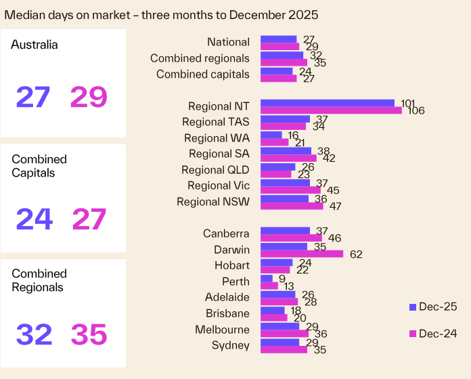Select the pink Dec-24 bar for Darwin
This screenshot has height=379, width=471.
[x=302, y=254]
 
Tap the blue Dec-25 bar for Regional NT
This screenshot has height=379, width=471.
[x=328, y=103]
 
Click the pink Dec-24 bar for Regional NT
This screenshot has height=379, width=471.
[x=331, y=110]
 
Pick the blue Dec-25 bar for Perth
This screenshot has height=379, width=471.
[x=267, y=278]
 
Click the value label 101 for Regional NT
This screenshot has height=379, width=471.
[x=407, y=104]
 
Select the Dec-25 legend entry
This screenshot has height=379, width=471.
[x=433, y=307]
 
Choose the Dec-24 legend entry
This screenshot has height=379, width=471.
[x=433, y=334]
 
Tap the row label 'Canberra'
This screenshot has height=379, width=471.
[x=226, y=233]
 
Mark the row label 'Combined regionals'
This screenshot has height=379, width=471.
[x=200, y=58]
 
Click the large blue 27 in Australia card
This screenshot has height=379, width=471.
[x=34, y=97]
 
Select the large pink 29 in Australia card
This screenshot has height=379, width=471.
[x=89, y=97]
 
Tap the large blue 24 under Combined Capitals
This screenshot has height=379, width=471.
[x=34, y=219]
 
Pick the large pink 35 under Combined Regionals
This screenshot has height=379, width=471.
[x=89, y=334]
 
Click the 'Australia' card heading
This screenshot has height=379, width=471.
[x=35, y=45]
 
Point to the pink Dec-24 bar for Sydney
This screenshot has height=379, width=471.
[x=284, y=350]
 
